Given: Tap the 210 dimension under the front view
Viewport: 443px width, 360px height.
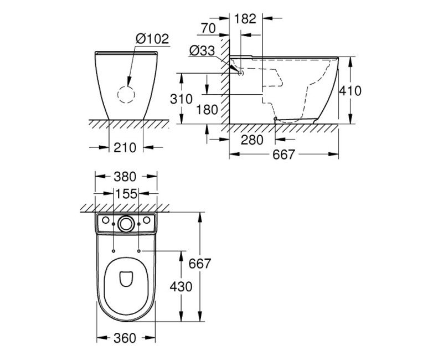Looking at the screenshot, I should (125, 147).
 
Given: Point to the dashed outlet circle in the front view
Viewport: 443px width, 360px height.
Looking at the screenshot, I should (126, 95).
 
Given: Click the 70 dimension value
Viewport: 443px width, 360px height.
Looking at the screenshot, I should (209, 28).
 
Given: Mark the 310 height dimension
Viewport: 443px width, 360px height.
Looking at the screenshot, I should (182, 99).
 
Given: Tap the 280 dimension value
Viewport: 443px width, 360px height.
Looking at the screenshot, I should (253, 140).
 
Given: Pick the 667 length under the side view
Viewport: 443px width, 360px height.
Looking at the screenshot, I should (284, 156).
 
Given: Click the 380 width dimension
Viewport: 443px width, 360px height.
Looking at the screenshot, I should (125, 177).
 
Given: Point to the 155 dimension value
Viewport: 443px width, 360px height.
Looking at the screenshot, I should (126, 194).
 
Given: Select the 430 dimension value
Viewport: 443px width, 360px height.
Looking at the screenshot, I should (182, 286).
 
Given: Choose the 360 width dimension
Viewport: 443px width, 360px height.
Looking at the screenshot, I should (125, 337).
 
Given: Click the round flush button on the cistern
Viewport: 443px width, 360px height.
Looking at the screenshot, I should (126, 224).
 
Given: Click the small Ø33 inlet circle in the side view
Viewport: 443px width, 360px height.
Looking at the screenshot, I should (241, 71).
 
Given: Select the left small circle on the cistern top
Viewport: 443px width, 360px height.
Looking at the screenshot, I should (104, 220).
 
